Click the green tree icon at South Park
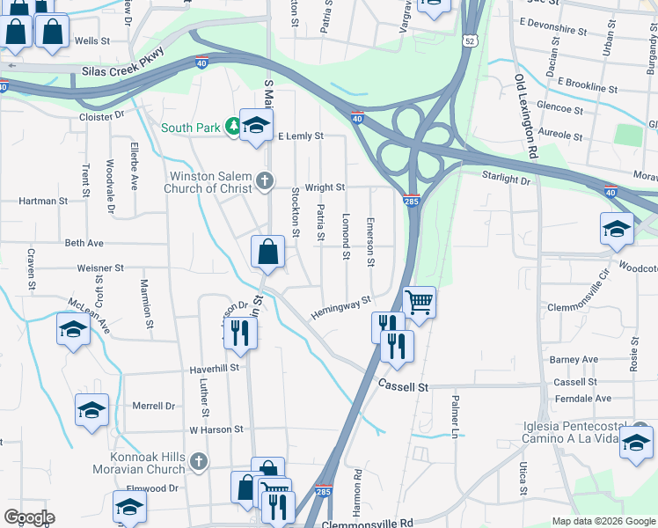click(x=232, y=128)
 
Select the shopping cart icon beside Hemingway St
click(x=420, y=303)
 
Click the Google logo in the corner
click(x=29, y=517)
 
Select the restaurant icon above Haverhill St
click(x=238, y=332)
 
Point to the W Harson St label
click(x=216, y=429)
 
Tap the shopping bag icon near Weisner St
click(x=267, y=252)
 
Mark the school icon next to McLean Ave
click(x=73, y=330)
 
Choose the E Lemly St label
click(x=301, y=136)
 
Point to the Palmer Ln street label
click(x=456, y=416)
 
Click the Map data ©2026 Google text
click(x=603, y=521)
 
